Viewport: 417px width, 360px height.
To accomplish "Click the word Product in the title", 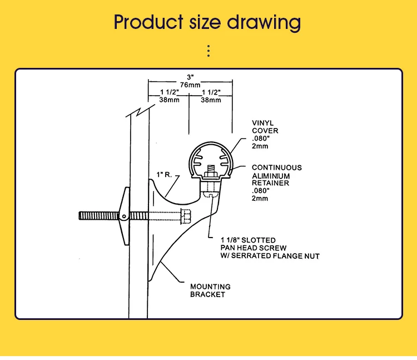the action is [x=148, y=22].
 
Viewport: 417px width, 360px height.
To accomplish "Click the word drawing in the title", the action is [x=264, y=22].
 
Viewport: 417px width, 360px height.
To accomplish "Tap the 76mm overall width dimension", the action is [x=190, y=85].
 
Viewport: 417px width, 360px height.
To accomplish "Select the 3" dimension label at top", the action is [x=190, y=77].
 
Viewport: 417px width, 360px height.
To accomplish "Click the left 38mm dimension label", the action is [x=169, y=100].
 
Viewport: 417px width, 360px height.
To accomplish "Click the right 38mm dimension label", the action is [x=211, y=100].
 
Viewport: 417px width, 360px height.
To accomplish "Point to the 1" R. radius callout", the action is [x=164, y=175].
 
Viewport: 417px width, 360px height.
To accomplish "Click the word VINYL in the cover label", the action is [x=263, y=123].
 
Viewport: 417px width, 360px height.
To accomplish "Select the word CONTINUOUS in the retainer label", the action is [x=277, y=167].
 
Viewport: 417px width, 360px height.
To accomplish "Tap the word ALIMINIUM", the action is [x=271, y=176].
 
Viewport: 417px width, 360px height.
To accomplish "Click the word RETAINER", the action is [x=270, y=183].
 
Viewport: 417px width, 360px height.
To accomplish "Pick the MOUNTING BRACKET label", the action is [x=210, y=290].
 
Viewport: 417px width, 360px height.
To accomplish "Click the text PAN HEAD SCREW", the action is [x=254, y=248].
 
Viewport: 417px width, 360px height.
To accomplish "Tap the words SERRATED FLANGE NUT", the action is [x=275, y=256].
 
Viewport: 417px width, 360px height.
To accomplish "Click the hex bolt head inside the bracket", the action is [x=186, y=216].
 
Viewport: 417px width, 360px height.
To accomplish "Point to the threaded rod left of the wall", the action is [x=98, y=215].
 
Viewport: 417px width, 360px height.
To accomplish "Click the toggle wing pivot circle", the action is [x=124, y=216].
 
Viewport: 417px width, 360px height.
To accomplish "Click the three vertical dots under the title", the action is [x=209, y=51].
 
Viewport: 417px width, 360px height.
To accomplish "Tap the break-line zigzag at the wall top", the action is [x=140, y=111].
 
